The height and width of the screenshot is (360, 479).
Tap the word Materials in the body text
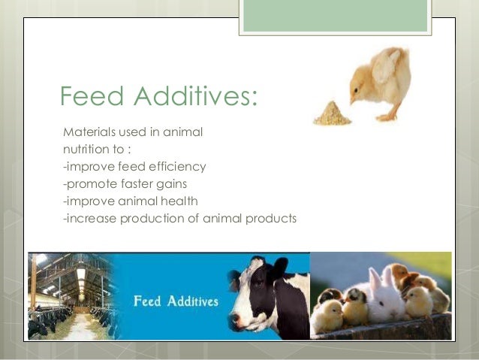pyautogui.click(x=89, y=132)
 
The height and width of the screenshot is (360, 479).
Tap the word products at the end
pyautogui.click(x=273, y=219)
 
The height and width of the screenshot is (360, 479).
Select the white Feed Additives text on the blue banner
pyautogui.click(x=176, y=302)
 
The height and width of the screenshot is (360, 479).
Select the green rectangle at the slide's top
pyautogui.click(x=345, y=16)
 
